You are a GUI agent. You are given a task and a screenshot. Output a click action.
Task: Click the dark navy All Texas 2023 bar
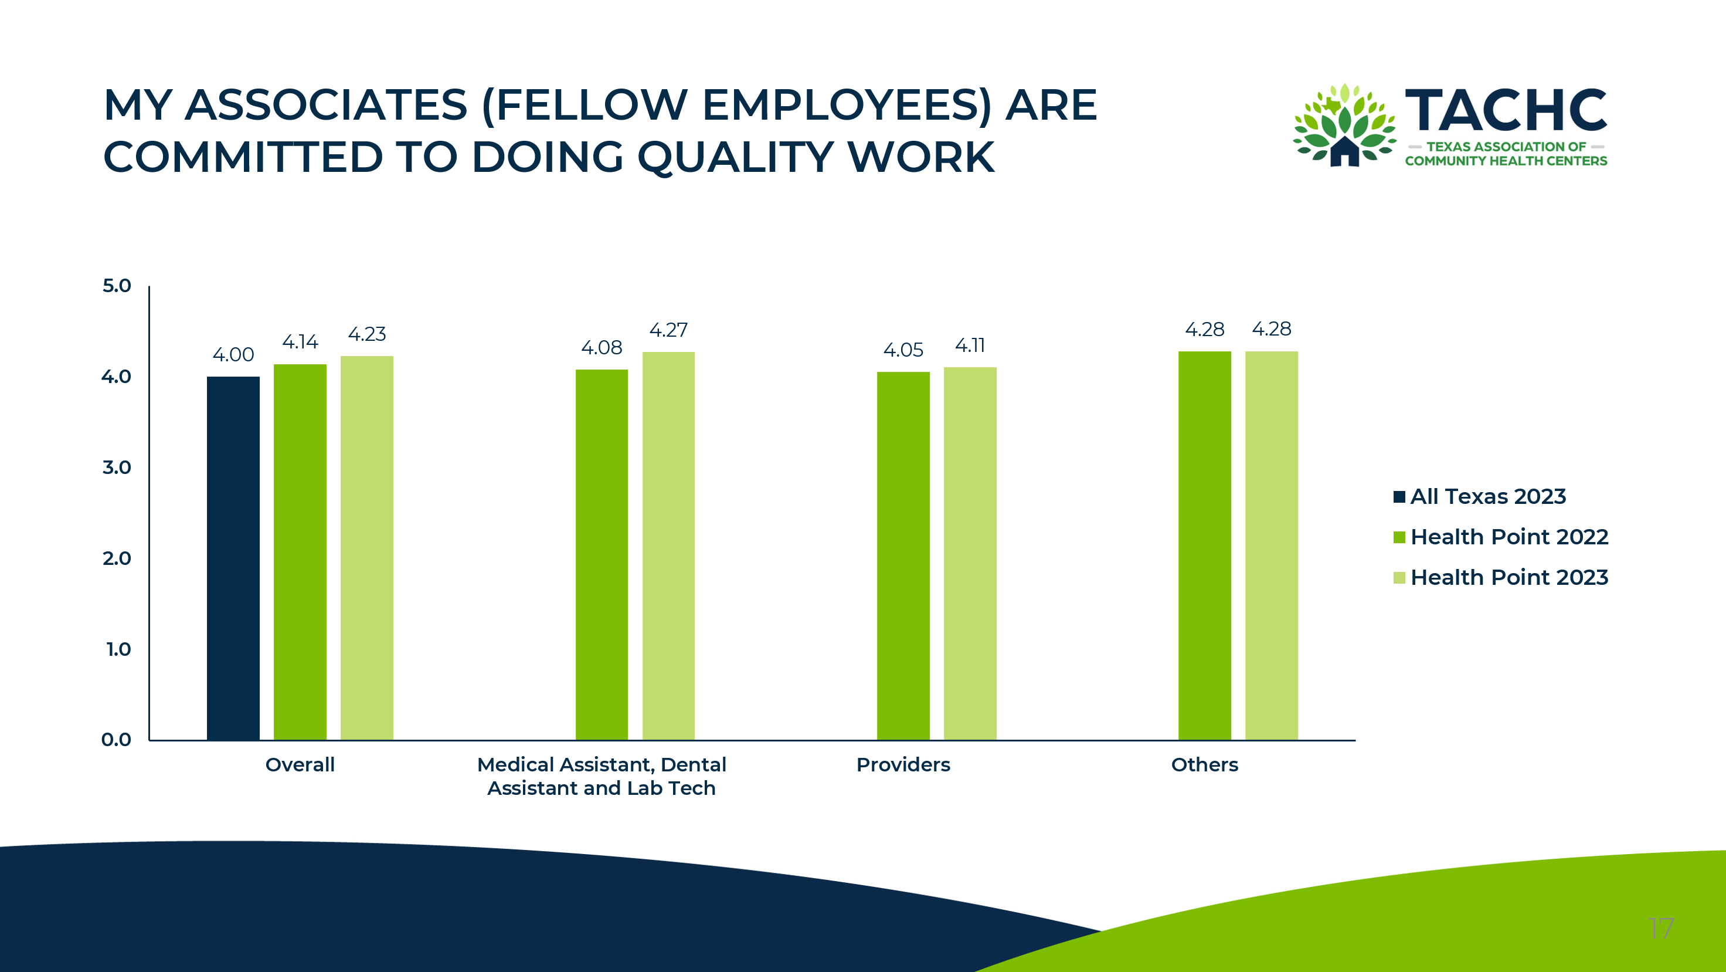click(x=233, y=558)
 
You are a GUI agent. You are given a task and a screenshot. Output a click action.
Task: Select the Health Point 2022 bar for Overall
click(x=300, y=553)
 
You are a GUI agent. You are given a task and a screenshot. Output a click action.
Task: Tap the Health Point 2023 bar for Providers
click(x=970, y=554)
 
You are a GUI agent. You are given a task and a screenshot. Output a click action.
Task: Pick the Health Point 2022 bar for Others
click(x=1205, y=546)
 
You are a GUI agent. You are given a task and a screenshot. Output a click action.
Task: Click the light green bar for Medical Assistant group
click(x=669, y=546)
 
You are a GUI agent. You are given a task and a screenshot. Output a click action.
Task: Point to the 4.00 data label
click(x=233, y=355)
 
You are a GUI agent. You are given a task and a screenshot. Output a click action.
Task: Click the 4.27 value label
click(x=669, y=330)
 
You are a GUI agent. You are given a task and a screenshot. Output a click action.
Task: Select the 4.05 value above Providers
click(x=903, y=350)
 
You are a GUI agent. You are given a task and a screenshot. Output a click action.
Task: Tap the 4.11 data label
click(x=970, y=346)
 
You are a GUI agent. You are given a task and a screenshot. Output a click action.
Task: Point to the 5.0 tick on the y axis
click(x=117, y=286)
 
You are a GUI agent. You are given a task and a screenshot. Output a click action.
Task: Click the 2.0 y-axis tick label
click(x=117, y=558)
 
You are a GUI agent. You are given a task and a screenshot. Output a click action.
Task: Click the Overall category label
click(x=300, y=765)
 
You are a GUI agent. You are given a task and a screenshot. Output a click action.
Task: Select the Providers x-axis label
click(x=903, y=765)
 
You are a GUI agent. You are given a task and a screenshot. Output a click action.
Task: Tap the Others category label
click(x=1205, y=765)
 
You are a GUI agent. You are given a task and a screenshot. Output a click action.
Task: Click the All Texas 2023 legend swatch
click(x=1399, y=497)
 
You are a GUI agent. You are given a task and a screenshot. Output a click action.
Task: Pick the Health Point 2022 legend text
click(x=1510, y=537)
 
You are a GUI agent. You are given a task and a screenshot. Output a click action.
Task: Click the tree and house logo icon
click(x=1344, y=126)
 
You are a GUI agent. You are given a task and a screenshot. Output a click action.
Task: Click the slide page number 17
click(x=1662, y=929)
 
